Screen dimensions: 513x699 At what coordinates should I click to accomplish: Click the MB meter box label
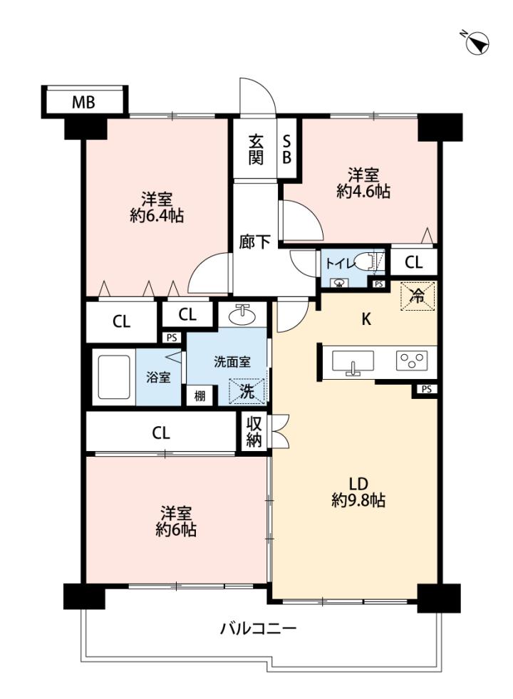click(x=83, y=103)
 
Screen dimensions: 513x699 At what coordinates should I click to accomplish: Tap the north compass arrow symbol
click(x=477, y=43)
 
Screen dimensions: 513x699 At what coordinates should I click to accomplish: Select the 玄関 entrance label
click(x=255, y=150)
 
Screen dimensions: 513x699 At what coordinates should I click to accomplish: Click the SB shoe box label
click(x=286, y=150)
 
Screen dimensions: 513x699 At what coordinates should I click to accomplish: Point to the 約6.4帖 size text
click(x=157, y=216)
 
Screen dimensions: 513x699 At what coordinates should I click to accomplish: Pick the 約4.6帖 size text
click(x=363, y=191)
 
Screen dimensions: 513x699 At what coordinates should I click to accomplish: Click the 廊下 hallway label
click(x=254, y=242)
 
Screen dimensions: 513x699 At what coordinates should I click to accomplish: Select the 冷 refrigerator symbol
click(x=418, y=296)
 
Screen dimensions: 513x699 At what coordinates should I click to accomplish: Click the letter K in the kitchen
click(x=366, y=319)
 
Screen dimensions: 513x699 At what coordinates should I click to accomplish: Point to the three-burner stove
click(x=411, y=361)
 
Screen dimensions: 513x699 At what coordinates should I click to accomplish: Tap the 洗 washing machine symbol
click(x=247, y=391)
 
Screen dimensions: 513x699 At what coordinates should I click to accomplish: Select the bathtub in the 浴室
click(x=114, y=377)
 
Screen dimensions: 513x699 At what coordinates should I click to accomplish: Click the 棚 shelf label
click(x=199, y=395)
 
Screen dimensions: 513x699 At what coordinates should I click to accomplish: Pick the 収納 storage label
click(x=254, y=432)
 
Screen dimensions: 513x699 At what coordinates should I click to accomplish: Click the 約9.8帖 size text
click(x=358, y=500)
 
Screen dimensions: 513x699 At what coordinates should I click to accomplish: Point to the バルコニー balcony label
click(x=259, y=629)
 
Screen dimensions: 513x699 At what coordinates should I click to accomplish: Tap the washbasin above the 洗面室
click(x=242, y=315)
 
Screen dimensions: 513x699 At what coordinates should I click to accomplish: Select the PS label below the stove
click(x=427, y=389)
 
